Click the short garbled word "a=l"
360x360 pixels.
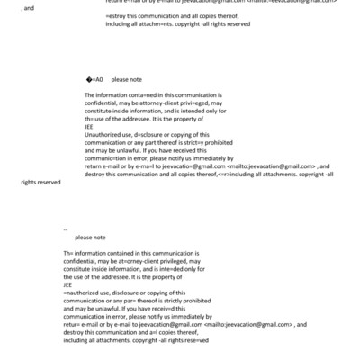167,332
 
